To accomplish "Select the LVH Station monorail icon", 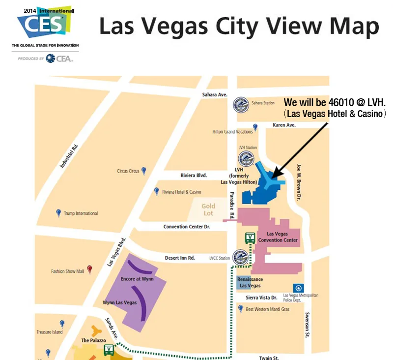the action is tap(246, 159).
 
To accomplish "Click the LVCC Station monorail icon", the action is tap(240, 257).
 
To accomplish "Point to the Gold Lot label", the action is tap(208, 210).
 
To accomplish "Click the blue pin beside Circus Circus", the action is tap(144, 171).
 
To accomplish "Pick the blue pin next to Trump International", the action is tap(58, 213).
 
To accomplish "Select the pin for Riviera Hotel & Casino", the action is tap(157, 191).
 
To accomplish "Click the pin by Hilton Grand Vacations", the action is tap(255, 128).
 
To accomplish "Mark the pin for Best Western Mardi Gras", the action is tap(240, 309).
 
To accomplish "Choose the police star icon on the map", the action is tap(297, 288).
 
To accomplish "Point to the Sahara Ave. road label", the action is tap(215, 94).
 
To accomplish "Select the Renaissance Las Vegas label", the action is tap(250, 282).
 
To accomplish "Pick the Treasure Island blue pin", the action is tap(62, 324).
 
